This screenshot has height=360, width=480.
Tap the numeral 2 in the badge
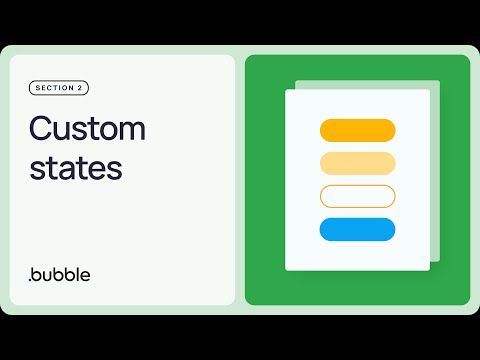pos(79,88)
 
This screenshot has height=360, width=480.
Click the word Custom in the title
pos(87,129)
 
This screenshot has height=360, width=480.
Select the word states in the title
pos(75,167)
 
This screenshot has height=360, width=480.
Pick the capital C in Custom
pos(40,129)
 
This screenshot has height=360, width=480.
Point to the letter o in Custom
pos(108,131)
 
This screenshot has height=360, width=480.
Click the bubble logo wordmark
pos(66,273)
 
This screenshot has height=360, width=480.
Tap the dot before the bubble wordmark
pos(31,279)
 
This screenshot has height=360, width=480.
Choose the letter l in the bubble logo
pos(88,272)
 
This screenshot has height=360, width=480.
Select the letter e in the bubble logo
pos(97,275)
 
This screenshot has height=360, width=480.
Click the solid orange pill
pos(357,130)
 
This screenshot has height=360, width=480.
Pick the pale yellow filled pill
pos(357,163)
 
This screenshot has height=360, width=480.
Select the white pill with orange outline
pos(357,196)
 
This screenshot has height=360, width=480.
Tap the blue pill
pos(357,229)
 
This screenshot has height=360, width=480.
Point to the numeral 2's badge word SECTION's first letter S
pos(38,88)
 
